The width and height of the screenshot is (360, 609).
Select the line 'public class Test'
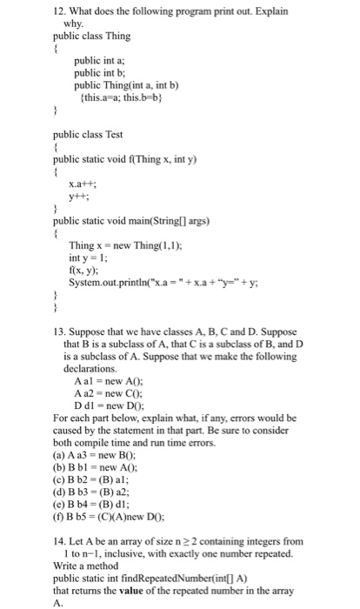[89, 134]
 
